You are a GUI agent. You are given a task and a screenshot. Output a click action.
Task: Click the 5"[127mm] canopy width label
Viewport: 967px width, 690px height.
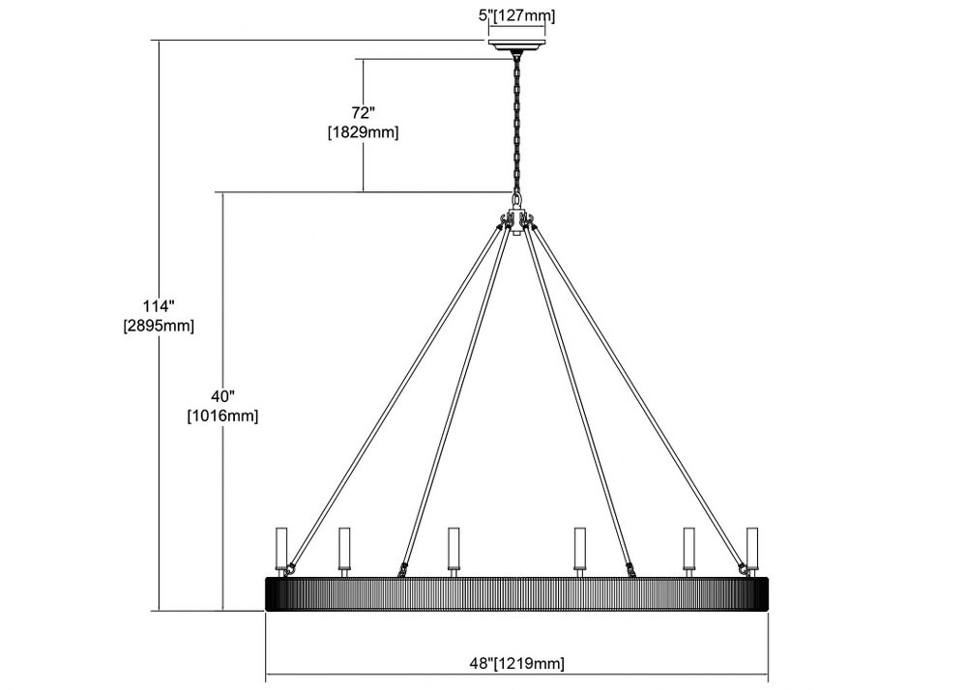point(516,16)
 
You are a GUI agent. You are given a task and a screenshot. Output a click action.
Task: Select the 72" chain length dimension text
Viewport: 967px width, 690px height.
point(364,113)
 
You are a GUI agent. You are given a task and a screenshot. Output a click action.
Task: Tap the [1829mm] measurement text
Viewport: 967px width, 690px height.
point(364,132)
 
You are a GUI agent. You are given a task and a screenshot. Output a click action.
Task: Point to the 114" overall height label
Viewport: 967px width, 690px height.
point(160,306)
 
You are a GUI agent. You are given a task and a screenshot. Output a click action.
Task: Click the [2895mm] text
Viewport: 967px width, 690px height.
point(160,326)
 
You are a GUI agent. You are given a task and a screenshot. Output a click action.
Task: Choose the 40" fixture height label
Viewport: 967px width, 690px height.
point(223,396)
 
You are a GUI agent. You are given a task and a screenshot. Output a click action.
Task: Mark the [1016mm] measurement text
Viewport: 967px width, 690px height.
point(223,416)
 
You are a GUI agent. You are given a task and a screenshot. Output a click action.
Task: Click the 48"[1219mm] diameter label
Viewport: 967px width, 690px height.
point(516,664)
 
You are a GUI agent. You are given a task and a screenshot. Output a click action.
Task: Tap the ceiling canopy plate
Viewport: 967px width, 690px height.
point(516,45)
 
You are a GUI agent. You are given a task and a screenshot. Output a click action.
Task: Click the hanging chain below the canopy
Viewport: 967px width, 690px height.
point(516,124)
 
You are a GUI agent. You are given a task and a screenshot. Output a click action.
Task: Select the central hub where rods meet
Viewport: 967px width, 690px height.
point(516,221)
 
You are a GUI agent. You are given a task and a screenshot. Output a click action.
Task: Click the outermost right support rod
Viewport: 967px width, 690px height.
point(639,398)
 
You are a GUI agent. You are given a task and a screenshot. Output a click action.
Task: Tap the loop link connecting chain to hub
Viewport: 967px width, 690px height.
point(516,201)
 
